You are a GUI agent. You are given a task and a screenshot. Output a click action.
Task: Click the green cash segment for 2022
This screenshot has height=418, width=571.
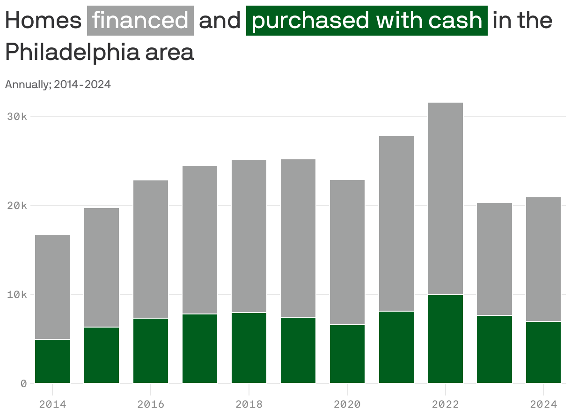[445, 339]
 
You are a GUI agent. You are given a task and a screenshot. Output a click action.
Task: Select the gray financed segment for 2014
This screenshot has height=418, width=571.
[52, 287]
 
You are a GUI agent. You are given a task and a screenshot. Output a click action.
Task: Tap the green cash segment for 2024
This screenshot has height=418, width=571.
[543, 352]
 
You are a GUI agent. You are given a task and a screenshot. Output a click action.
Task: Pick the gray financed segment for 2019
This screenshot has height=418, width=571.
[298, 238]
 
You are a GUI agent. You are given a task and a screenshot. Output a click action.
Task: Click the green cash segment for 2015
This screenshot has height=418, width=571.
[102, 355]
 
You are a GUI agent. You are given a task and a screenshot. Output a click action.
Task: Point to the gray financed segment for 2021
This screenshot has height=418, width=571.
[396, 223]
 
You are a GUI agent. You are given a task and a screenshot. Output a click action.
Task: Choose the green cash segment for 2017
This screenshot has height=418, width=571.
[200, 348]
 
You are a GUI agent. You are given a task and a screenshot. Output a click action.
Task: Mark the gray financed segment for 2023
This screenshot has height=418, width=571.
[495, 259]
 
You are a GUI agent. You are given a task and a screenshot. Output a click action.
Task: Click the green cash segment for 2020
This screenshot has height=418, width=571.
[347, 354]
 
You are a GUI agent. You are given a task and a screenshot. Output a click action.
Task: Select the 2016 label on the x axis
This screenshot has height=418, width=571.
[151, 404]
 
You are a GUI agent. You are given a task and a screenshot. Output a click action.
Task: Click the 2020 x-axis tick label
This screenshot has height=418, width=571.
[347, 404]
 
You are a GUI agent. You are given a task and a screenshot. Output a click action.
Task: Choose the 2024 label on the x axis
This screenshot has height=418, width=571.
[543, 404]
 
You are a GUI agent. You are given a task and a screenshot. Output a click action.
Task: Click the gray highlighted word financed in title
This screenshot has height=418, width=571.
[140, 21]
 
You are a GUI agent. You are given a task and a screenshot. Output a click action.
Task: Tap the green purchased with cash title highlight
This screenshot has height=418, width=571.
[367, 21]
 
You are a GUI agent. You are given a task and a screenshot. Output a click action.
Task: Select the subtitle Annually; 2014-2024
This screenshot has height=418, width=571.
[58, 85]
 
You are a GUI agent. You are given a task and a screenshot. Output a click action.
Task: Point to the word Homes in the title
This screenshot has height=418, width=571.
[43, 21]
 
